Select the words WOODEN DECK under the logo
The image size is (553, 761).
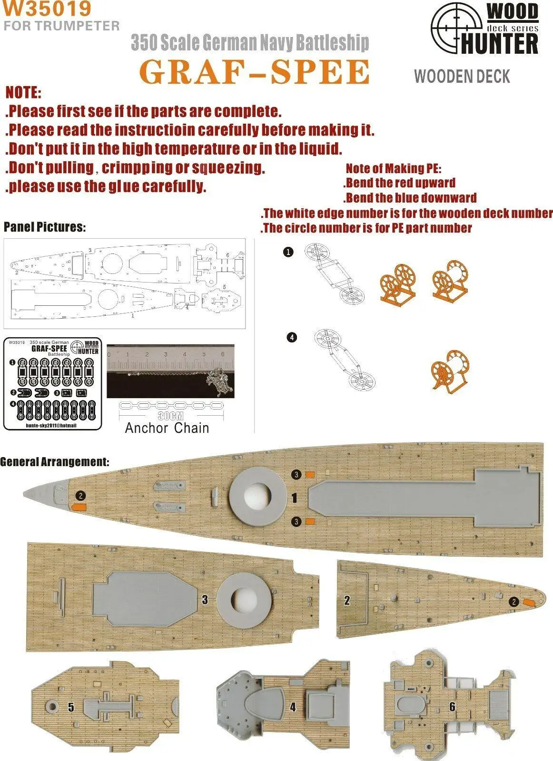click(462, 77)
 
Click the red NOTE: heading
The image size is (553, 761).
click(23, 93)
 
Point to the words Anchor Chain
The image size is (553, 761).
click(167, 428)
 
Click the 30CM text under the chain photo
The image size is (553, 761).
click(171, 416)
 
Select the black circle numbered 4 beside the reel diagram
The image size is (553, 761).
click(292, 337)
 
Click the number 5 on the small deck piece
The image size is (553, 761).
click(71, 707)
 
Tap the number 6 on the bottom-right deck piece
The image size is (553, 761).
click(452, 707)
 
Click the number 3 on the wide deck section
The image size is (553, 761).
click(205, 600)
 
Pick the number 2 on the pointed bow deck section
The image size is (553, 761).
click(347, 600)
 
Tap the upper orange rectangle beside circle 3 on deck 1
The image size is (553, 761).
click(310, 474)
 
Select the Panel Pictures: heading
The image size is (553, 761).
click(45, 227)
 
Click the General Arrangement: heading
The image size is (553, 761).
click(55, 462)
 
